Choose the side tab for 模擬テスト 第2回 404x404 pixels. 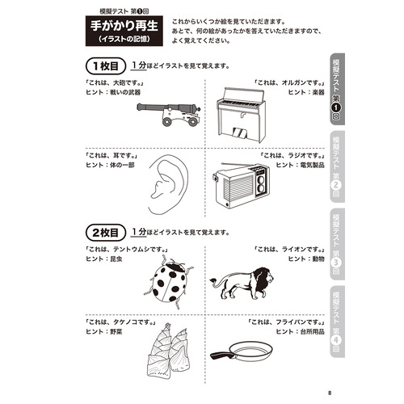click(337, 165)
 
